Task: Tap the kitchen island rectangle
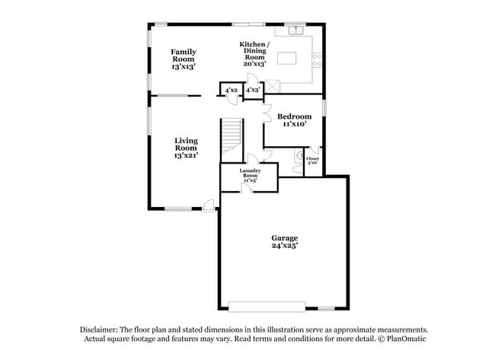[x=286, y=58]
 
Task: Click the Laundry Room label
[x=250, y=175]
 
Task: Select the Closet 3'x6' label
[x=312, y=161]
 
